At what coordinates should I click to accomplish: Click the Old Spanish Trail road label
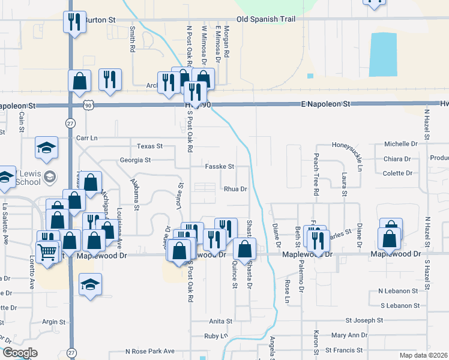(x=266, y=20)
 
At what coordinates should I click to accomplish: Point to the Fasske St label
(x=219, y=167)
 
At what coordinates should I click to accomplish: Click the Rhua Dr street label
(x=235, y=189)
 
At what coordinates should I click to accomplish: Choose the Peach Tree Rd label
(x=315, y=175)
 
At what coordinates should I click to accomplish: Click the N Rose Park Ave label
(x=150, y=351)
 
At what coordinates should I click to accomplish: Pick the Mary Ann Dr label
(x=349, y=335)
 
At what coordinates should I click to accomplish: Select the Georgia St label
(x=134, y=160)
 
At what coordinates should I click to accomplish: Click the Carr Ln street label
(x=87, y=138)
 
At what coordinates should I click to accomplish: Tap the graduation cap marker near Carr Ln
(x=46, y=148)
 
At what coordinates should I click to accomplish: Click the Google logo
(x=20, y=353)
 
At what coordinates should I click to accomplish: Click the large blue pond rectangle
(x=383, y=55)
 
